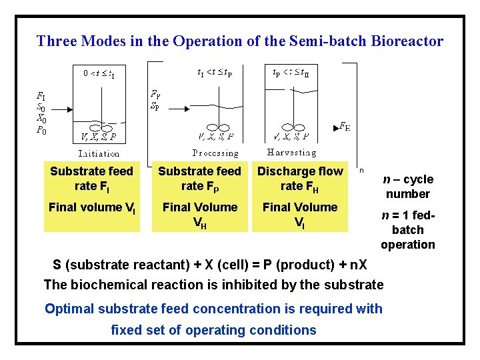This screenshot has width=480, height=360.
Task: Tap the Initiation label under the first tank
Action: click(98, 153)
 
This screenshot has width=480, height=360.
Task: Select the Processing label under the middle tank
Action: click(215, 153)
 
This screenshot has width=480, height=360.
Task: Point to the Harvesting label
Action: click(291, 153)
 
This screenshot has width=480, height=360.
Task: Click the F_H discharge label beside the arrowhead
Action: click(345, 126)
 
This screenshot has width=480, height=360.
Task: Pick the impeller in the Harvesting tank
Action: click(291, 127)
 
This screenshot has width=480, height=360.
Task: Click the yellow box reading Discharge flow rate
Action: click(300, 179)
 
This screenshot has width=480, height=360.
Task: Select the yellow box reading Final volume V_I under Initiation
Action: click(92, 207)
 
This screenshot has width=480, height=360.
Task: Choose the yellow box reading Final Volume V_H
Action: click(200, 215)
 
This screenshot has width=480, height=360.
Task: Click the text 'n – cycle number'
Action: click(407, 187)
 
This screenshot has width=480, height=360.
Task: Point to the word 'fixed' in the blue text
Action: click(125, 330)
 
